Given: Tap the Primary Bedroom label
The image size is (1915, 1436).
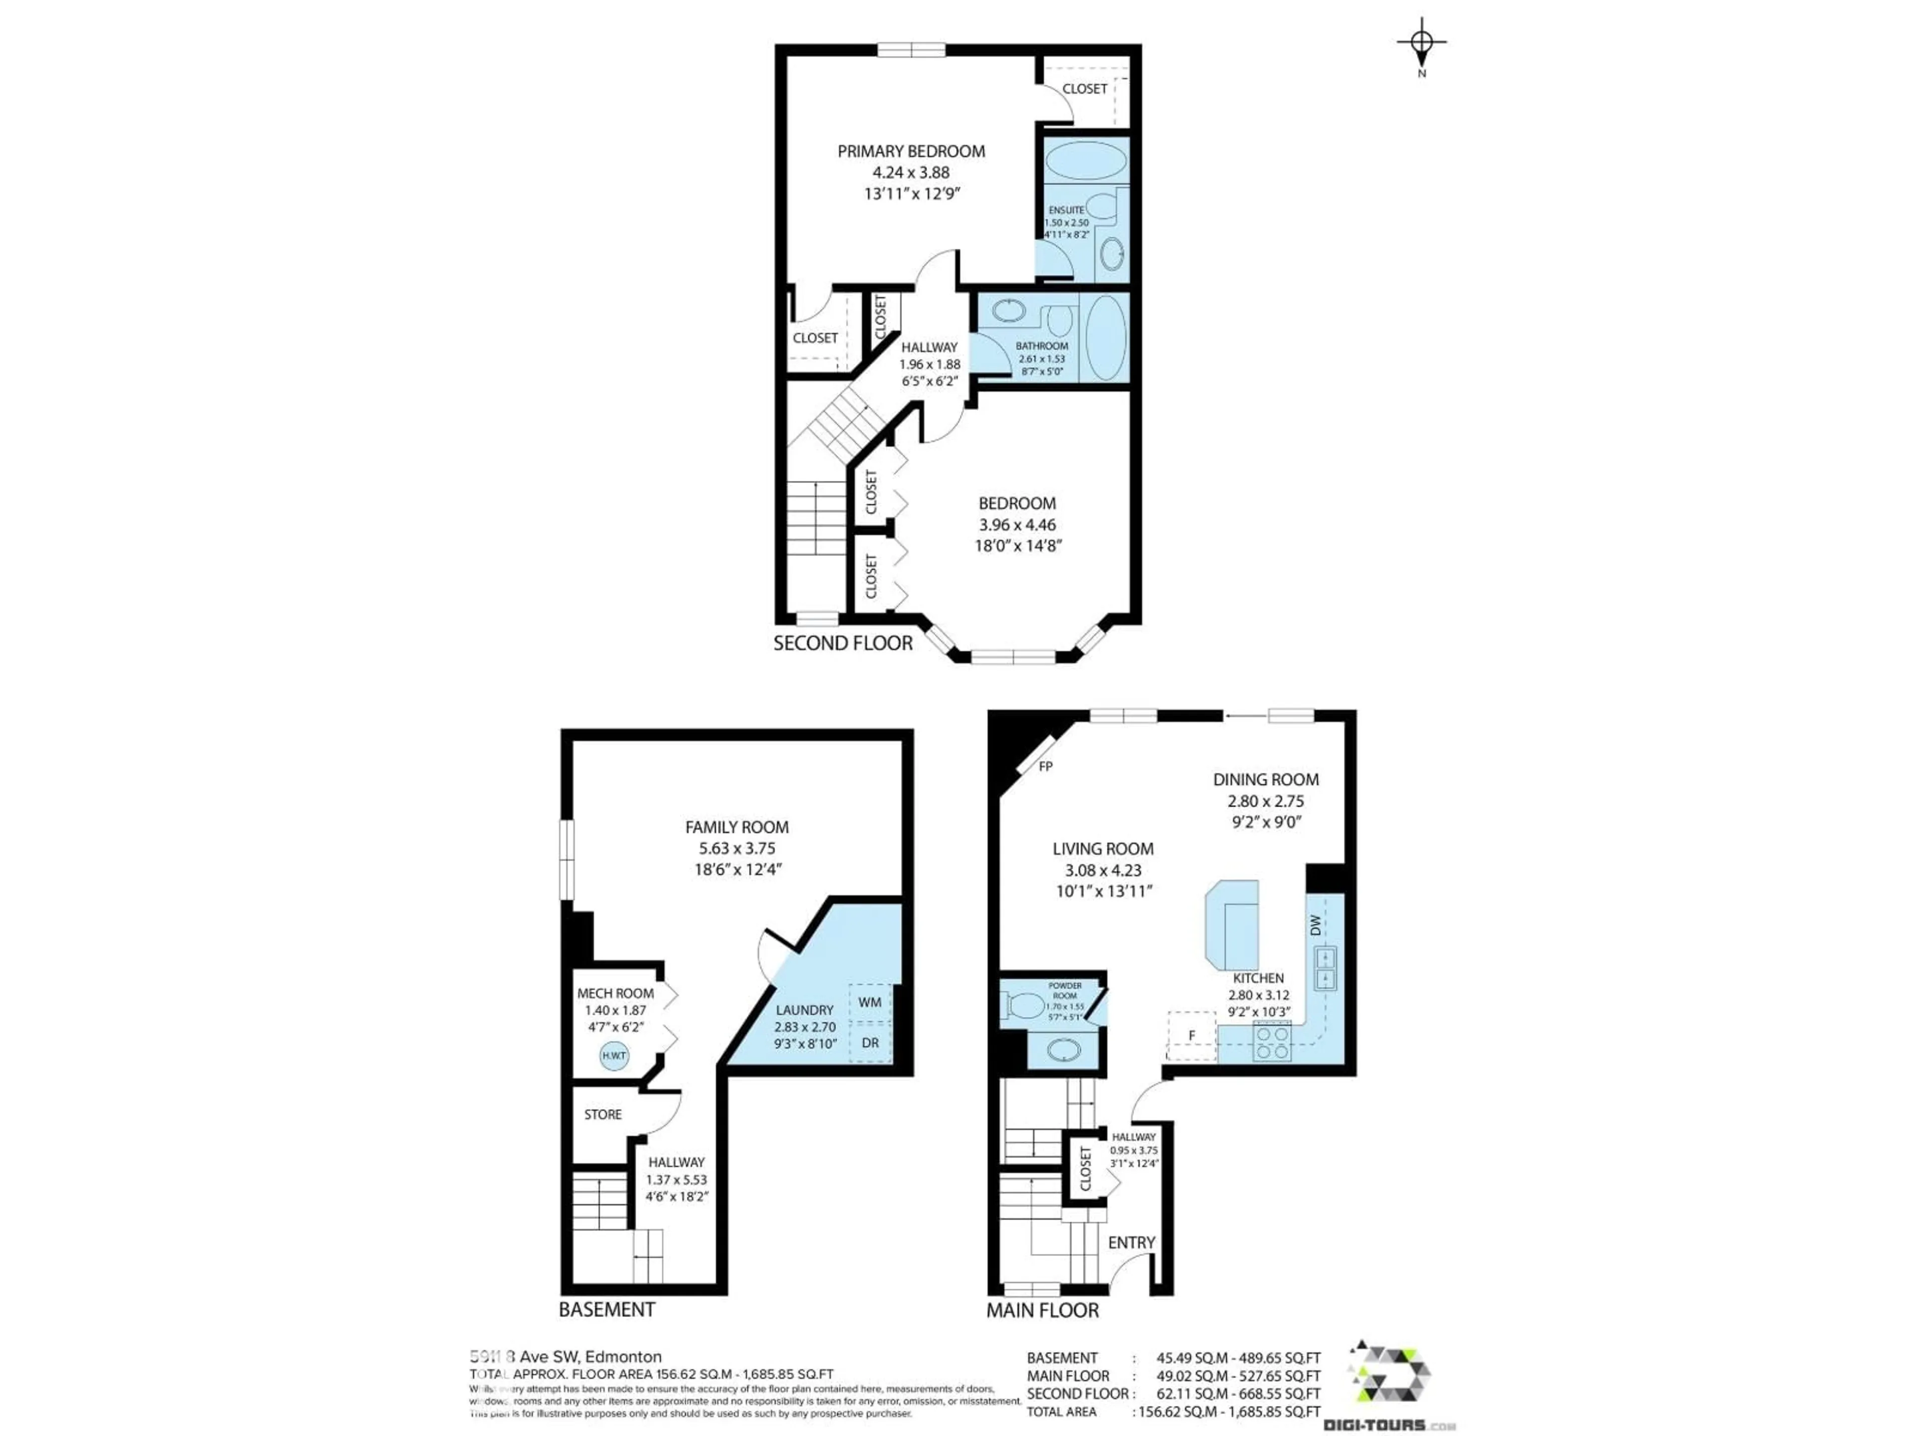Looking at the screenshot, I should (911, 152).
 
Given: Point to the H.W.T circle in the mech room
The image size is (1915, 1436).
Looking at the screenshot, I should (614, 1056).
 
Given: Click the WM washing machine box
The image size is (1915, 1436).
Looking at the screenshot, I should (870, 1002).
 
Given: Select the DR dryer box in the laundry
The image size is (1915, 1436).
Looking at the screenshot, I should (870, 1043).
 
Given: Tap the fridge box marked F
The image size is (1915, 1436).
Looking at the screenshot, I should (1192, 1036).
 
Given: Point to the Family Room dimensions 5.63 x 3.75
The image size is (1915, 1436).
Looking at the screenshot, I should (737, 848).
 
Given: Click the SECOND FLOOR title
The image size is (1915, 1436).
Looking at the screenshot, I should (842, 643).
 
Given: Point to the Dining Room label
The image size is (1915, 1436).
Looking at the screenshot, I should (1266, 780).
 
